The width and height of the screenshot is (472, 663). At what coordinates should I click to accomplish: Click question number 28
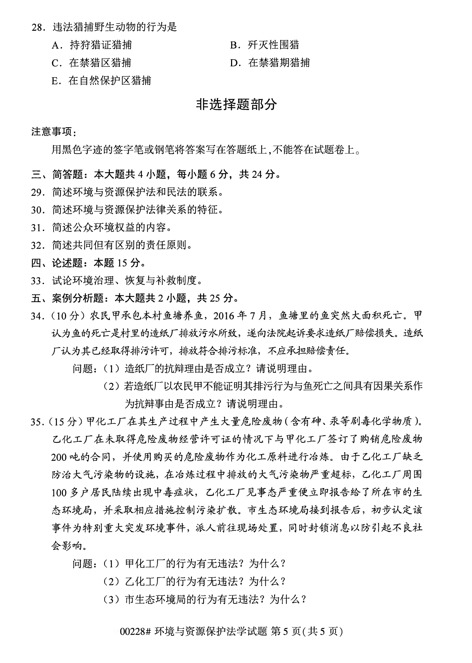click(38, 27)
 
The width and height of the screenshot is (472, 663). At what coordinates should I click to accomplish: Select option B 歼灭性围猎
click(265, 45)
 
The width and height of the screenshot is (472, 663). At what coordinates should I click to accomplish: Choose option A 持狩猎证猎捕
click(92, 45)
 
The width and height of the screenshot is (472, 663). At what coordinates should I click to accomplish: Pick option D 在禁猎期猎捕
click(270, 63)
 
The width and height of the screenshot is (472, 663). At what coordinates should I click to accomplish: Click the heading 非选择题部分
click(236, 105)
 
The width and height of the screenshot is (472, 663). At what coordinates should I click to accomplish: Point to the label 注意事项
click(53, 132)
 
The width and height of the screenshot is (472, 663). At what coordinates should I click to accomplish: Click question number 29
click(38, 192)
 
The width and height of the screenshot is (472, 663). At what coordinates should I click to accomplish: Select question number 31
click(38, 228)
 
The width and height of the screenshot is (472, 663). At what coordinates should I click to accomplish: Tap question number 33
click(38, 281)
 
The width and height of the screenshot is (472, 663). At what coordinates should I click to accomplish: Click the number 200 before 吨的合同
click(59, 457)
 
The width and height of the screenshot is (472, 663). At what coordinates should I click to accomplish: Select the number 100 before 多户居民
click(59, 493)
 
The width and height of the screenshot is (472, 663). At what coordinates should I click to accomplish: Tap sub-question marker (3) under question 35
click(111, 599)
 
